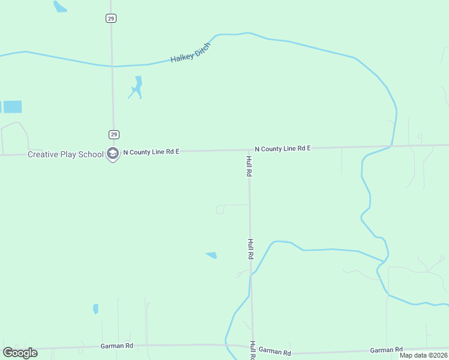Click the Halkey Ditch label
(x=191, y=52)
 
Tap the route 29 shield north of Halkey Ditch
(x=111, y=19)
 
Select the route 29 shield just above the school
(x=113, y=134)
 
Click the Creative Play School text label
(x=66, y=154)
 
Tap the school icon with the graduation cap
(x=112, y=154)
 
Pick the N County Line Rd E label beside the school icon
(x=151, y=152)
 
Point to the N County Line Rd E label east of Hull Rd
(x=282, y=148)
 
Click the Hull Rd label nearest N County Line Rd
(x=249, y=166)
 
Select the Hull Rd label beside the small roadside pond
(x=250, y=248)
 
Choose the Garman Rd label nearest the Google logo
(x=116, y=346)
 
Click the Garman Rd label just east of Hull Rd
(x=274, y=353)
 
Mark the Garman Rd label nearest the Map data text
(x=386, y=350)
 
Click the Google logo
(x=20, y=353)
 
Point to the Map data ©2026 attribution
(x=423, y=355)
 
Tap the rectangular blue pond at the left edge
(x=11, y=107)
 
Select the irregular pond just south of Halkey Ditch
(x=137, y=88)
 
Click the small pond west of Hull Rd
(x=211, y=255)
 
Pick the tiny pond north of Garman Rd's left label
(x=95, y=309)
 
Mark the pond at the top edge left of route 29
(x=59, y=7)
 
